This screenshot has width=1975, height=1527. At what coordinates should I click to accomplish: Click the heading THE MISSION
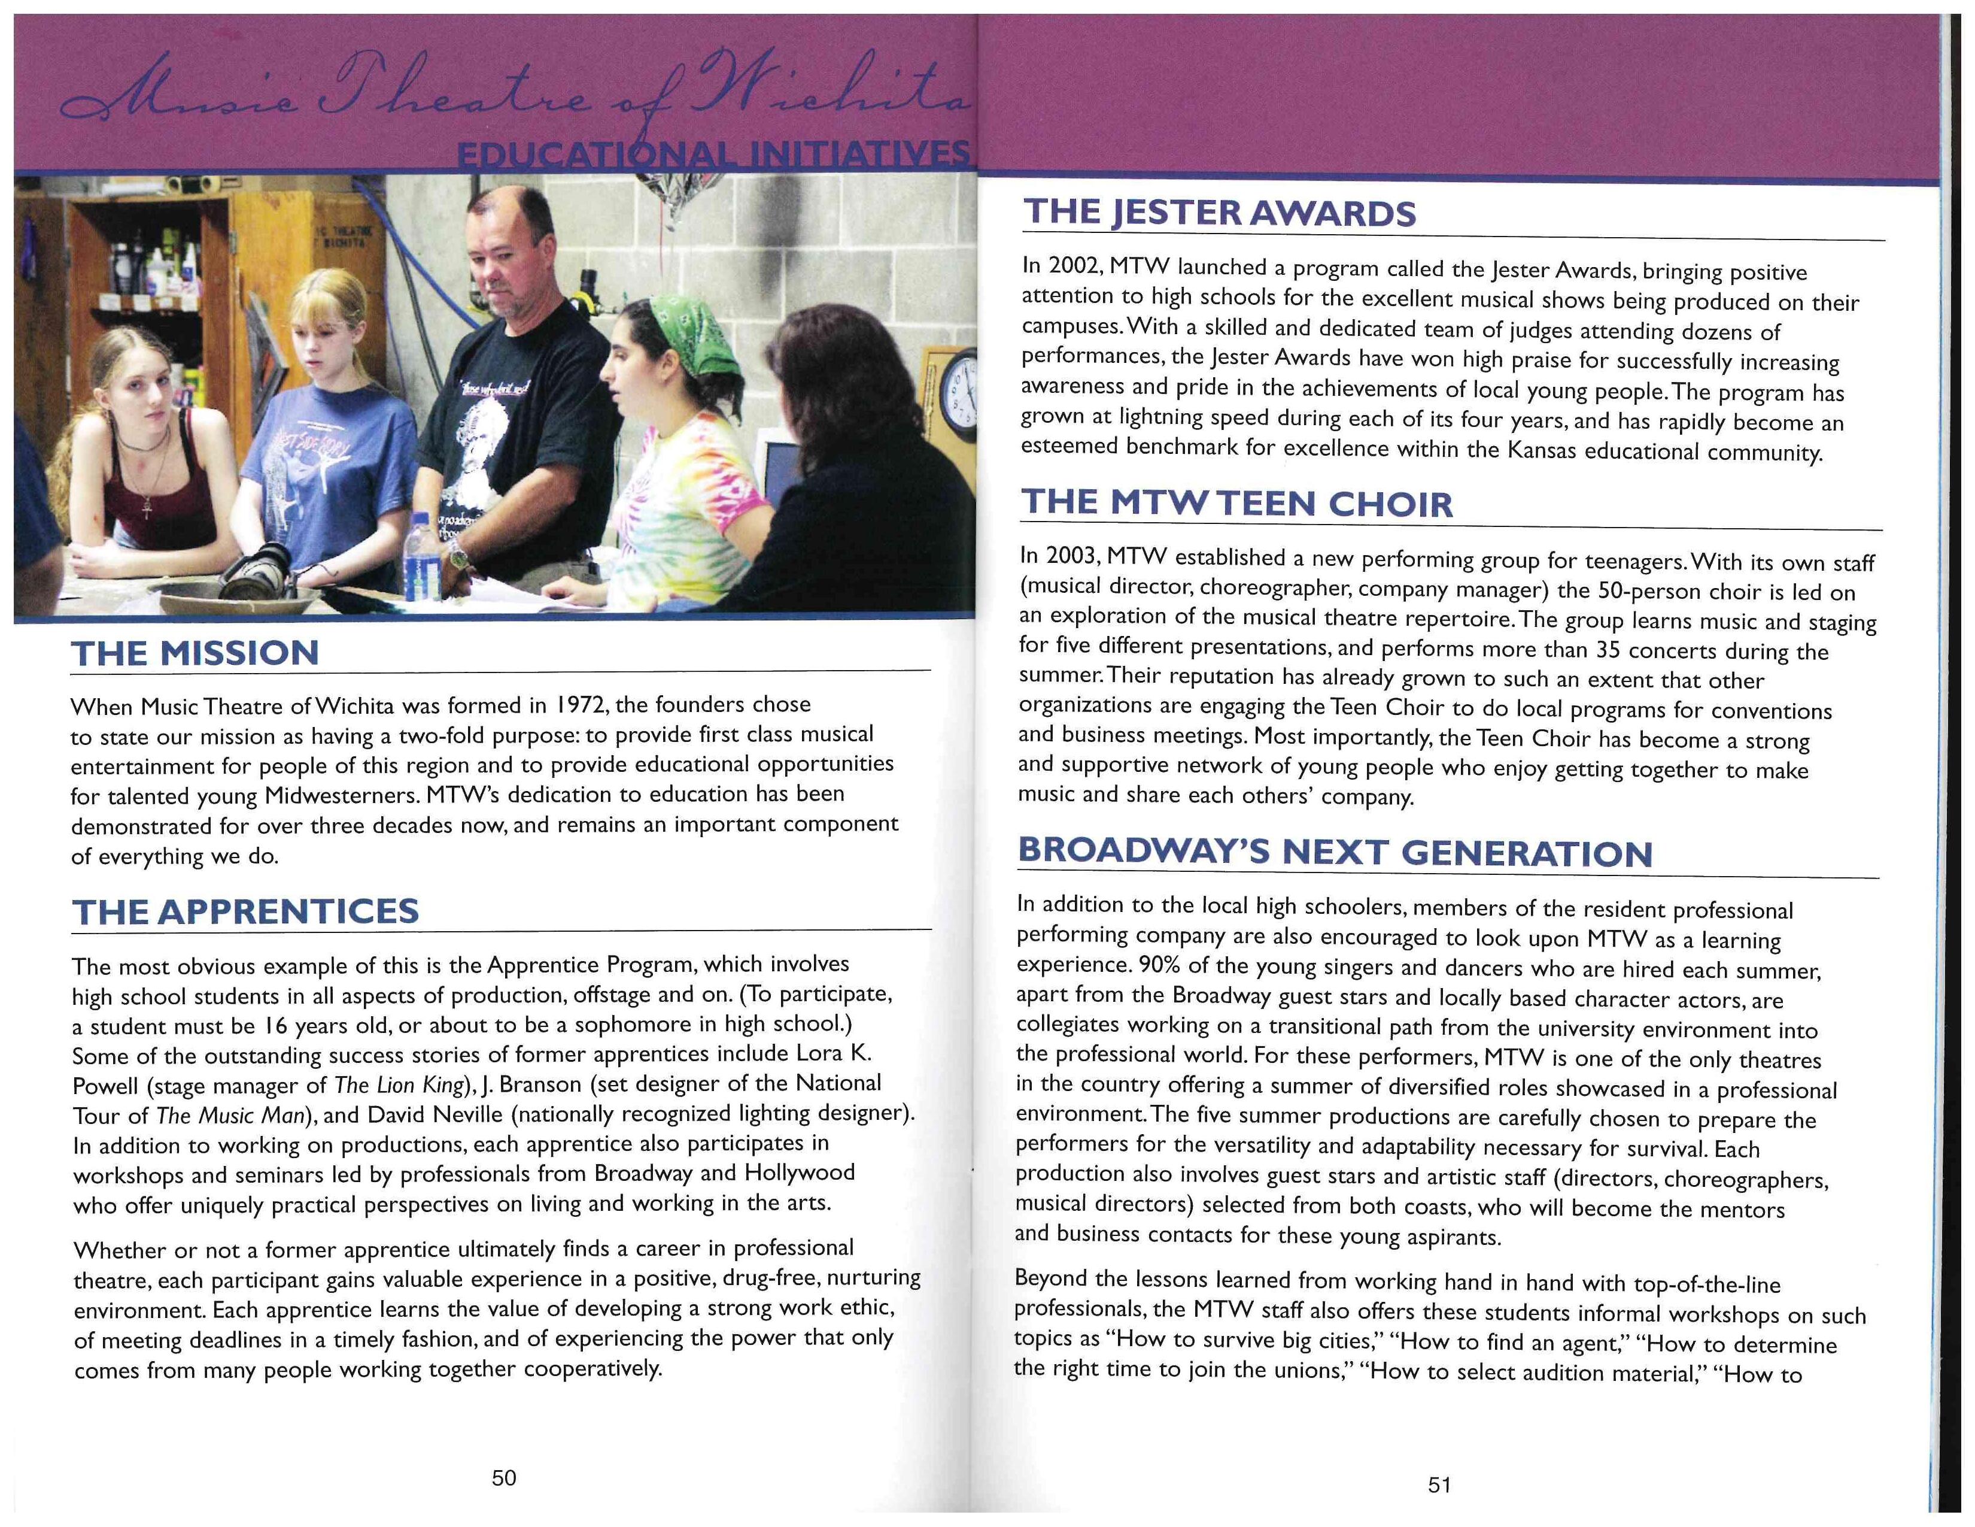(x=195, y=653)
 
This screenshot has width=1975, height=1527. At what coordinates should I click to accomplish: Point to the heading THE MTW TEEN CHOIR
(x=1236, y=503)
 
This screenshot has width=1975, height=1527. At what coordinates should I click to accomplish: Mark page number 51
(x=1439, y=1484)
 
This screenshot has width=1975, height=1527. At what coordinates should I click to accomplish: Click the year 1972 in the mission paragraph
(x=581, y=705)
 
